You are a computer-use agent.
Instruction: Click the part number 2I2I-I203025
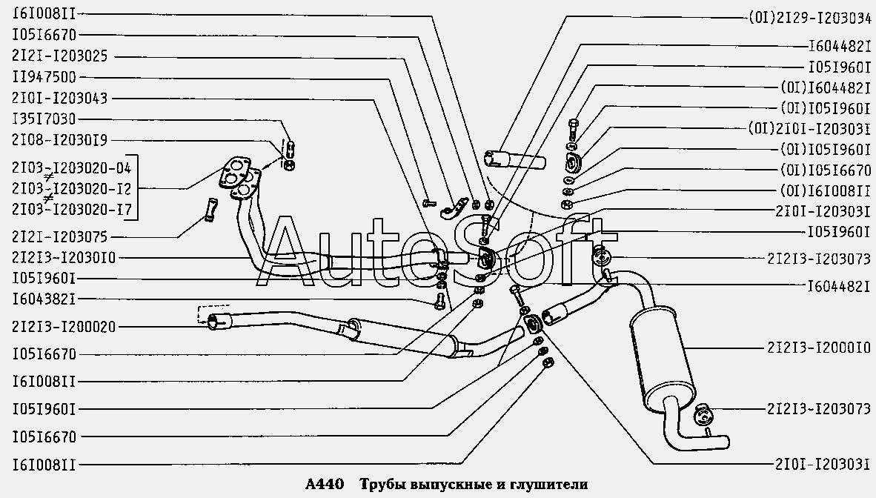(x=59, y=56)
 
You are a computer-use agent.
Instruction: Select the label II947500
(x=43, y=76)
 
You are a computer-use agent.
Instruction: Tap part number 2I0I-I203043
(x=59, y=98)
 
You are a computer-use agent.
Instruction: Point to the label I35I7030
(x=43, y=119)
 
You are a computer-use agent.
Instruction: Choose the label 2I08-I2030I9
(x=59, y=140)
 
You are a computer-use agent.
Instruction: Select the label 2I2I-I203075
(x=59, y=237)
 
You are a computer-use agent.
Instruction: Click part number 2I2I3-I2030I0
(x=64, y=257)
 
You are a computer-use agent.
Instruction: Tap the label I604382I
(x=43, y=299)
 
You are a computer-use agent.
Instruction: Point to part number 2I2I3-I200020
(x=64, y=326)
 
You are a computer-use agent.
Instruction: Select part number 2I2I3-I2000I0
(x=817, y=346)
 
